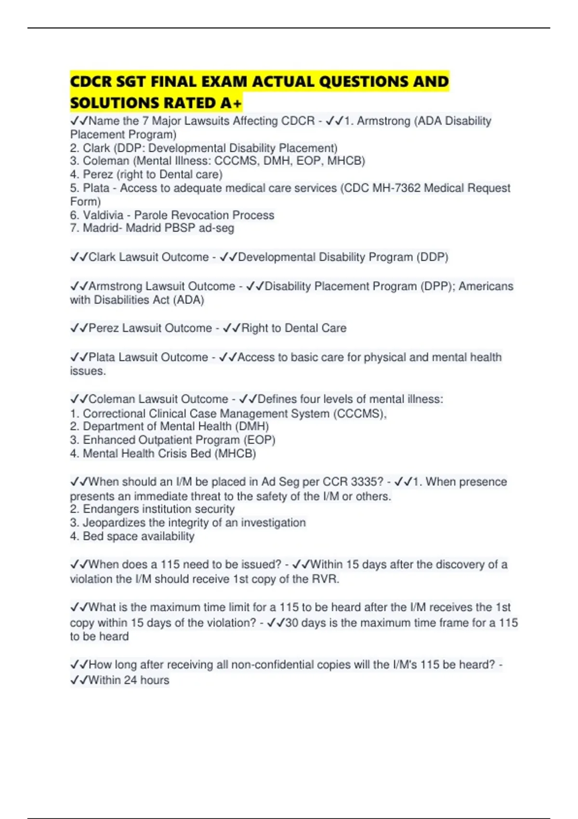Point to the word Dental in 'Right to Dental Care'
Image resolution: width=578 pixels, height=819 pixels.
pyautogui.click(x=302, y=328)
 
